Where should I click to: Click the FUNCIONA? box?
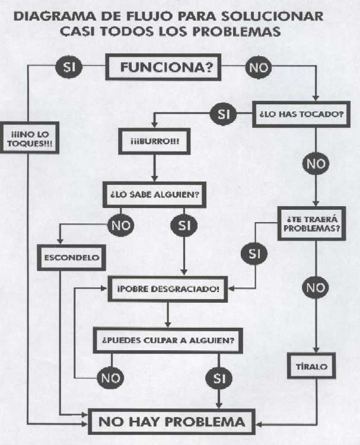click(167, 67)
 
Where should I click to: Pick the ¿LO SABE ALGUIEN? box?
click(154, 194)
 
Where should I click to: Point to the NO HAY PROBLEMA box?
click(171, 422)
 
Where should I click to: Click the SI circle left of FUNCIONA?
click(67, 67)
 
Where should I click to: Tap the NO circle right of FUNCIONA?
click(258, 67)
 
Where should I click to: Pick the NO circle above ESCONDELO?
click(121, 225)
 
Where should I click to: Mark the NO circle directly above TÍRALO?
click(316, 289)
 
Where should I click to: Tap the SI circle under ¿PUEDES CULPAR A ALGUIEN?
click(219, 377)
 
